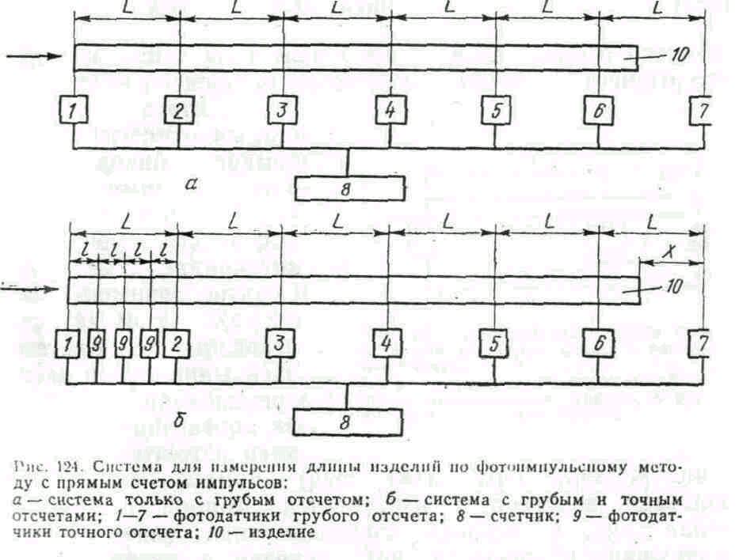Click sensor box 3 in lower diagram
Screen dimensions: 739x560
coord(279,344)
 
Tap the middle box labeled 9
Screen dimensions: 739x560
coord(123,344)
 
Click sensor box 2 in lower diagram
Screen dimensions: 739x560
coord(176,344)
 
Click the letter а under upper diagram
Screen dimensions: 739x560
coord(189,185)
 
